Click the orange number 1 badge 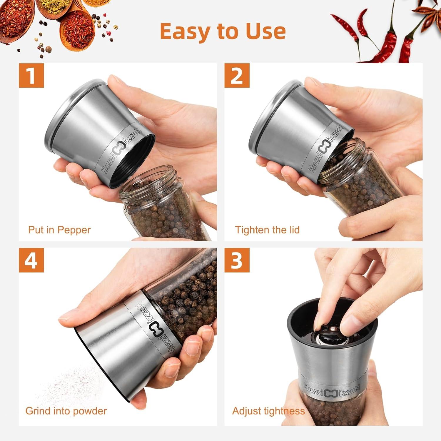31,75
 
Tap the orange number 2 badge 237,75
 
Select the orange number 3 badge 237,260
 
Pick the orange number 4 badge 31,260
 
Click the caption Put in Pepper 59,230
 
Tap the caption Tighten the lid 267,230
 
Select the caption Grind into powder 66,411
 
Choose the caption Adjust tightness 268,411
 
